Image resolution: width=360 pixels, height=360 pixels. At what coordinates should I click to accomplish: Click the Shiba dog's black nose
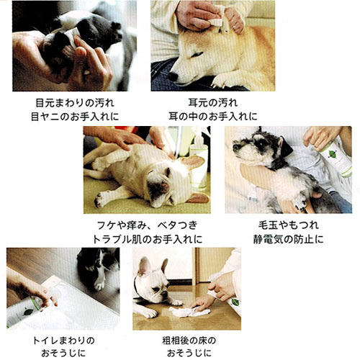(x=173, y=76)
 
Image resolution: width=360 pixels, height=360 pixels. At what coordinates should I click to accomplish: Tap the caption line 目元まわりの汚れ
(x=75, y=103)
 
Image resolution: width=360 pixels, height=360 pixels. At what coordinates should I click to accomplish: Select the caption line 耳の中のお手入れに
(x=213, y=117)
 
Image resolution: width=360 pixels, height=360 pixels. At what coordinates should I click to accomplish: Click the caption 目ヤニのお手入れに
(x=75, y=117)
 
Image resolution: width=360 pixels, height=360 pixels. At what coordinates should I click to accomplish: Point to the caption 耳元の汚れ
(x=213, y=103)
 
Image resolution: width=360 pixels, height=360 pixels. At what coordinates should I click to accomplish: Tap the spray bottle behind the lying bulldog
(x=199, y=160)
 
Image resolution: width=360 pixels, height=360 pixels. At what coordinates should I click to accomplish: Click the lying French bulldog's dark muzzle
(x=159, y=189)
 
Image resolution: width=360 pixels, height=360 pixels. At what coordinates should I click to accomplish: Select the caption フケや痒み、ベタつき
(x=147, y=225)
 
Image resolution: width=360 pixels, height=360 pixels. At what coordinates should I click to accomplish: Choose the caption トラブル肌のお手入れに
(x=148, y=239)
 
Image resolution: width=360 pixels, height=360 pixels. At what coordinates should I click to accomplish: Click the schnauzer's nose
(x=235, y=147)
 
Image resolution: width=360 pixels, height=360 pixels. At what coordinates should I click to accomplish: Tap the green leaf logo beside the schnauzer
(x=331, y=153)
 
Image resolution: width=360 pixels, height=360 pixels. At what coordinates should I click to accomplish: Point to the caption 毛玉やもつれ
(x=288, y=225)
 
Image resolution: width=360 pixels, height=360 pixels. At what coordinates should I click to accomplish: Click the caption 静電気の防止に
(x=288, y=239)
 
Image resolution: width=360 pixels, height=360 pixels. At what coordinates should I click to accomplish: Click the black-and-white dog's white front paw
(x=99, y=285)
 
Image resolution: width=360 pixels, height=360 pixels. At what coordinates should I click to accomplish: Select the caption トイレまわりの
(x=63, y=341)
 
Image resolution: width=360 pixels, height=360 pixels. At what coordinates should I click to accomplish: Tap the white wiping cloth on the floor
(x=189, y=312)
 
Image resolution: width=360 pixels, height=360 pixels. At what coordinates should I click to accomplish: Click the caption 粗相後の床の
(x=189, y=341)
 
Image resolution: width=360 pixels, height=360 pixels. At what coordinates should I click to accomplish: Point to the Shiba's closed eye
(x=197, y=55)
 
